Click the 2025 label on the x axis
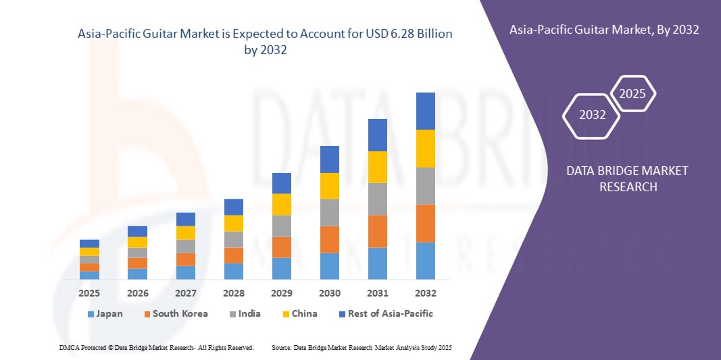pos(89,293)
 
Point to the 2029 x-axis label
pos(282,293)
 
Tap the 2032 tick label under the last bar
pos(426,293)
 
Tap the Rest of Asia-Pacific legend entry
pos(385,313)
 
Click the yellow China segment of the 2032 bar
pos(426,148)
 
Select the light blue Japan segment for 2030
pos(330,266)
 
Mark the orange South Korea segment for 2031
pos(378,231)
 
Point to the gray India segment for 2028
pos(234,239)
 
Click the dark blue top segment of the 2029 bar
pos(282,183)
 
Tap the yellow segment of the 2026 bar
pos(137,242)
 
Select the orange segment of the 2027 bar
pos(186,259)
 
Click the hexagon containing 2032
pos(592,115)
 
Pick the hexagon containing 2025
pos(632,94)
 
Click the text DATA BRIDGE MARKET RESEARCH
pos(627,178)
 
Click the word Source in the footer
pos(281,347)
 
